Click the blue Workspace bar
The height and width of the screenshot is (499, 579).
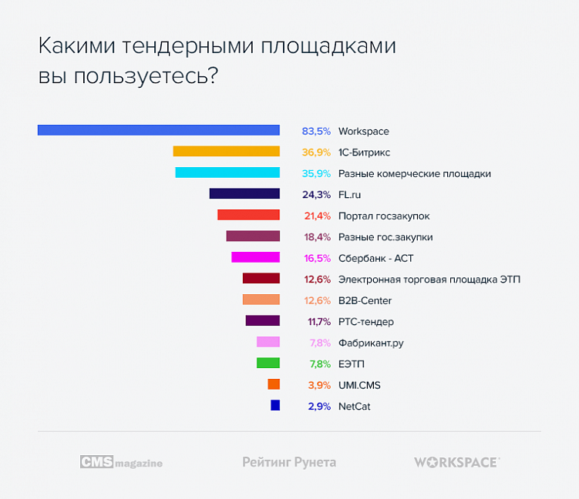158,130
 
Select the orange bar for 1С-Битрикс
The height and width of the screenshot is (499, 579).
226,152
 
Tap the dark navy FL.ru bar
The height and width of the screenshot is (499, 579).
244,194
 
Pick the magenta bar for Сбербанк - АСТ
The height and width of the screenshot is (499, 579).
255,257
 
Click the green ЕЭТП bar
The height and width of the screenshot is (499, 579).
268,363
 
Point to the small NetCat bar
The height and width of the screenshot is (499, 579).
275,405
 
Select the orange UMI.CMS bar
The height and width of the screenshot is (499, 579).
274,384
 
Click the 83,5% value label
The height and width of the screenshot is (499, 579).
316,131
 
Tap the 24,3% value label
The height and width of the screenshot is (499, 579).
316,194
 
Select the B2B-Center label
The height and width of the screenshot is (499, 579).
365,300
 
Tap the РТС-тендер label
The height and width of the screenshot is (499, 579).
366,321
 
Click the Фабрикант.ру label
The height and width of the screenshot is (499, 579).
371,343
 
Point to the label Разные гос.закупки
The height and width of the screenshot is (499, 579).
385,236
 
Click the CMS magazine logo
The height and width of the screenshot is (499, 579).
121,462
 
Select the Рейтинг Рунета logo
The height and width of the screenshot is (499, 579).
289,462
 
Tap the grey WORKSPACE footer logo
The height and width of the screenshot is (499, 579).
456,462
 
